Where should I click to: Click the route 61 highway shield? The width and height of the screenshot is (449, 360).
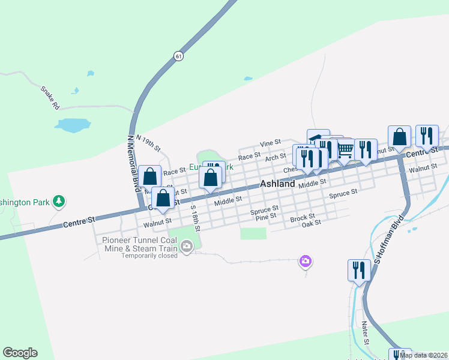tap(178, 56)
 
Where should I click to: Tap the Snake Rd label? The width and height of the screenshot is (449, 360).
tap(50, 97)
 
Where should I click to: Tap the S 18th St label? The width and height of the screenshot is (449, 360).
tap(194, 217)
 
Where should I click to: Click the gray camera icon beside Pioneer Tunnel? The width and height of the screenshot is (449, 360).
tap(187, 245)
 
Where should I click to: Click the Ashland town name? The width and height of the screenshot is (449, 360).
tap(277, 184)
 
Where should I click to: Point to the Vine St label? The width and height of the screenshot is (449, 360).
tap(270, 143)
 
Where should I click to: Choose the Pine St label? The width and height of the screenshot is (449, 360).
tap(265, 215)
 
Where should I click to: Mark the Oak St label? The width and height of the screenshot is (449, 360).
tap(312, 223)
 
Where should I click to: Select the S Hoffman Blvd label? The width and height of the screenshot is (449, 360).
tap(387, 245)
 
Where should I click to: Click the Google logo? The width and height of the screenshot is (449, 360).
tap(20, 353)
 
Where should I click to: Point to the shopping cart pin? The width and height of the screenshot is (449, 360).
tap(345, 149)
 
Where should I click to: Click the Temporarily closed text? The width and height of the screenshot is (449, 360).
tap(149, 255)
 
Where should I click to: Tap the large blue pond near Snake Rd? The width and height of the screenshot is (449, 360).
tap(73, 125)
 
